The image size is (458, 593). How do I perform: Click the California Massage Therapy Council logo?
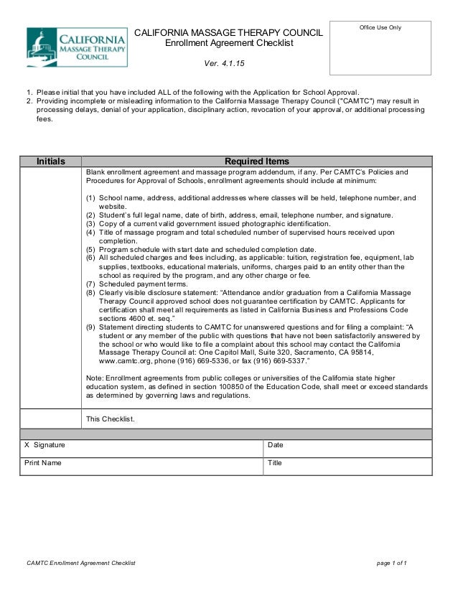(x=77, y=47)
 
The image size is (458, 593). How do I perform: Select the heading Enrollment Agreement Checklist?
(x=229, y=45)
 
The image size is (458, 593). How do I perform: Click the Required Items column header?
(x=258, y=162)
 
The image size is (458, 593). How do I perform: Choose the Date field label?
(x=276, y=445)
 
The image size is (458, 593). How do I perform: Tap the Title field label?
(x=275, y=463)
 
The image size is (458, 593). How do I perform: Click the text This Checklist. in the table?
(x=110, y=419)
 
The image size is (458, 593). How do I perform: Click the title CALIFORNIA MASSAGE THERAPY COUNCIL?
(x=229, y=34)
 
